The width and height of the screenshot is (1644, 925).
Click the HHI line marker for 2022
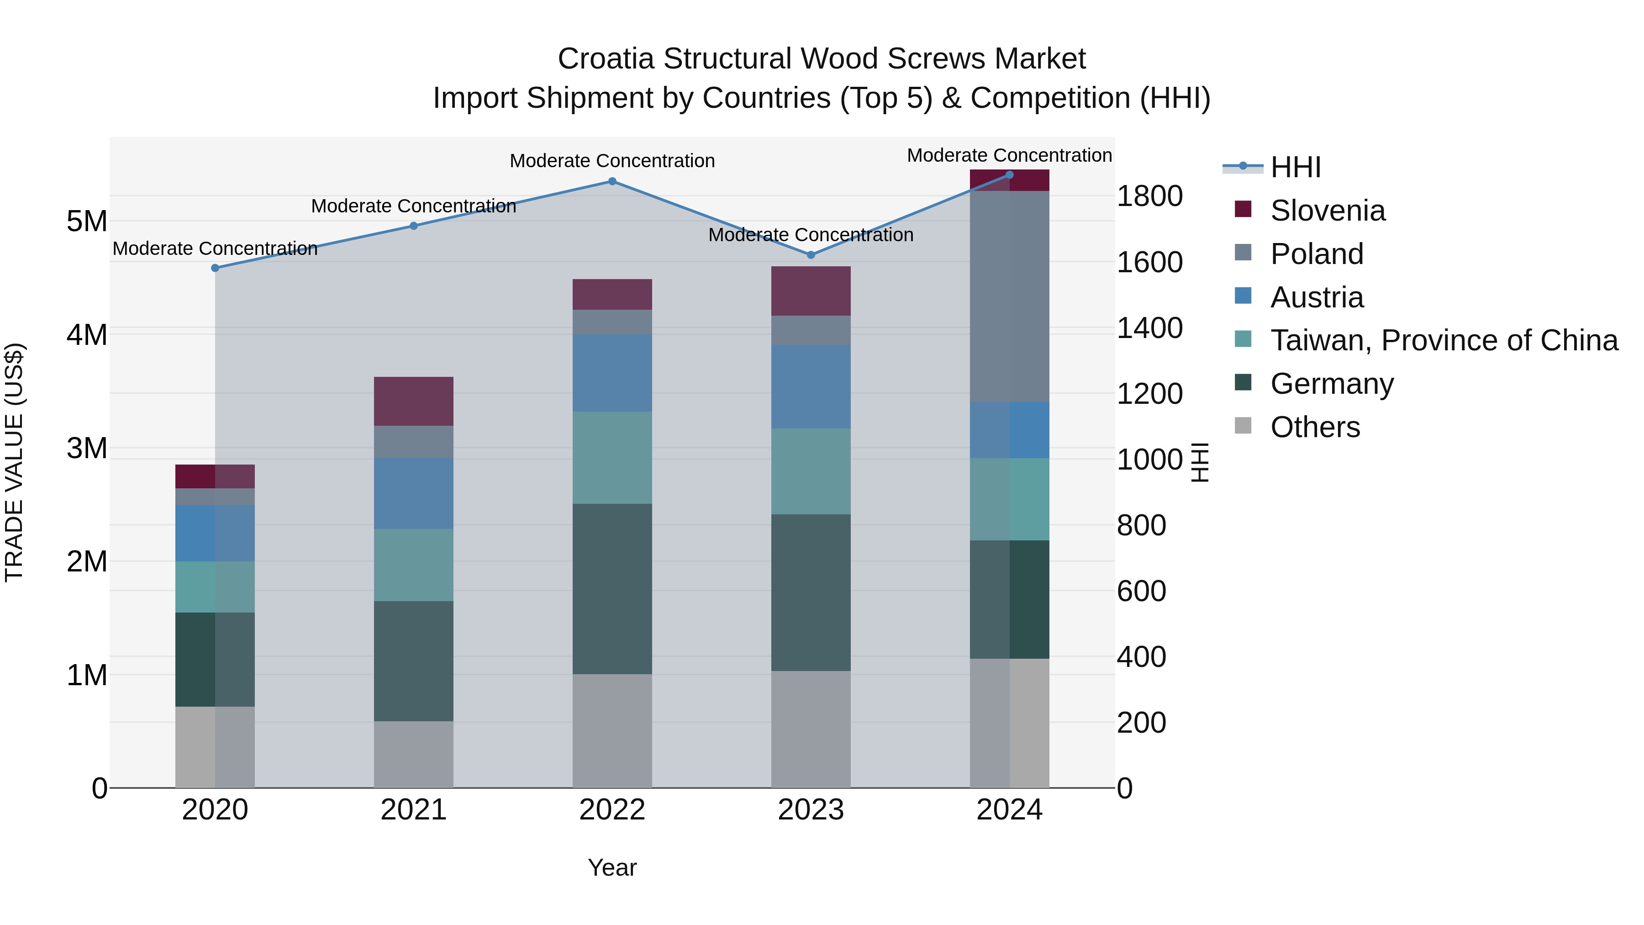[x=612, y=181]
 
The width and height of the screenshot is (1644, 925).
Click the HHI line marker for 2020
[x=215, y=268]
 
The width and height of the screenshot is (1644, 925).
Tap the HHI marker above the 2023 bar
[x=811, y=255]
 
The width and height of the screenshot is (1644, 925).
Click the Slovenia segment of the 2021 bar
[x=414, y=401]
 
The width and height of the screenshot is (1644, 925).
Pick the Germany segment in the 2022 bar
[x=612, y=589]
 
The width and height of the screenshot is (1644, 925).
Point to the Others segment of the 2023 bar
[x=811, y=729]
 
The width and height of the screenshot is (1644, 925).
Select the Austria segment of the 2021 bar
[x=414, y=493]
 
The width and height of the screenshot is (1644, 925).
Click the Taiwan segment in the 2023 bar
[x=811, y=471]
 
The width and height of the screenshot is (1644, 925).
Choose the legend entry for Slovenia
[x=1328, y=211]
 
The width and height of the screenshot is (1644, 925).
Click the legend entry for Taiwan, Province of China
[x=1444, y=340]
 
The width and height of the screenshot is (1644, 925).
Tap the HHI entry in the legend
[x=1295, y=167]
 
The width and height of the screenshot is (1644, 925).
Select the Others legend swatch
[x=1243, y=426]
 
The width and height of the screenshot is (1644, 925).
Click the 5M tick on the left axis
[x=87, y=222]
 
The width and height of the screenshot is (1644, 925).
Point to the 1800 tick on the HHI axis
[x=1149, y=196]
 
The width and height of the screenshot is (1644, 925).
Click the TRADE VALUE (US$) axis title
[x=15, y=462]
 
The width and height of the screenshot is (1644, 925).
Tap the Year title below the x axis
[x=612, y=867]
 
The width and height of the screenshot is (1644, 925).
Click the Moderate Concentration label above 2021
[x=414, y=206]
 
